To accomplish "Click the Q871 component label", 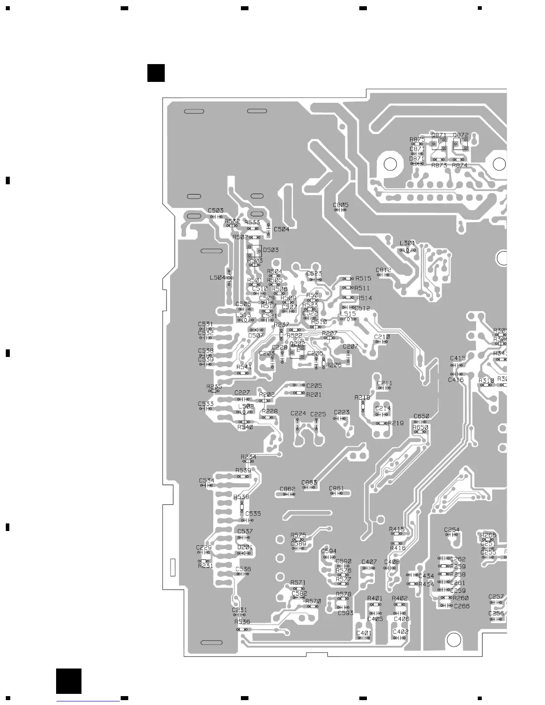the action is (x=439, y=135).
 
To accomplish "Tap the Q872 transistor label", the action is (x=461, y=135).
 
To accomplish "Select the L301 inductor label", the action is (x=407, y=243).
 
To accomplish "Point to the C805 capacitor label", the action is (x=341, y=205).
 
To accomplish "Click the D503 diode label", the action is (x=271, y=250).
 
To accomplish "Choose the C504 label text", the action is (x=281, y=229).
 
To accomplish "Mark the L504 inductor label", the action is (x=217, y=278).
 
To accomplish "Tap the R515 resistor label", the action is (x=363, y=279).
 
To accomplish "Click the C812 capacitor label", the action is (x=383, y=270).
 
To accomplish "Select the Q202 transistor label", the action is (x=297, y=344).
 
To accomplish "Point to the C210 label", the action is (x=382, y=337).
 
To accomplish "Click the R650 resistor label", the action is (x=420, y=427).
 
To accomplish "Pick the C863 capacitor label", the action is (x=309, y=482).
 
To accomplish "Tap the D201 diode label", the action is (x=245, y=547).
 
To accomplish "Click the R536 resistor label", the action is (x=242, y=622).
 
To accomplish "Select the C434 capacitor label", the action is (x=426, y=576).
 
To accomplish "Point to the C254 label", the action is (x=451, y=530).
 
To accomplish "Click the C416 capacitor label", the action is (x=456, y=380).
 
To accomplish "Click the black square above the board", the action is (x=156, y=73).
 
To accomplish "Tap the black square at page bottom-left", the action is (x=69, y=681).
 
